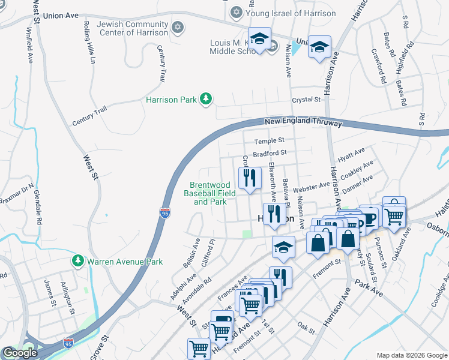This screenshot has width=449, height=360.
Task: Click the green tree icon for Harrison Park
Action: (206, 98)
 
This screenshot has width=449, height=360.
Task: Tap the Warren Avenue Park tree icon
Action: (77, 261)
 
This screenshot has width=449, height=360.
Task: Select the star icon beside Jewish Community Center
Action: (177, 28)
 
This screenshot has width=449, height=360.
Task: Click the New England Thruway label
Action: (303, 122)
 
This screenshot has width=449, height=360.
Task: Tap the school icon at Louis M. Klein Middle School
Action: (259, 39)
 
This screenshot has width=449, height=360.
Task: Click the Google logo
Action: (20, 353)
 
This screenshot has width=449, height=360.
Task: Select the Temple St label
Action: (268, 141)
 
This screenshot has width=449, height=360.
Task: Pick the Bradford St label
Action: (268, 154)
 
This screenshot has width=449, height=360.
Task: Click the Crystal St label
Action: (304, 100)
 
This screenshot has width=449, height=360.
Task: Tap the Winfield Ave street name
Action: (29, 45)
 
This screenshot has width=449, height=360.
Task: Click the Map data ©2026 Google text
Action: (411, 355)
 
